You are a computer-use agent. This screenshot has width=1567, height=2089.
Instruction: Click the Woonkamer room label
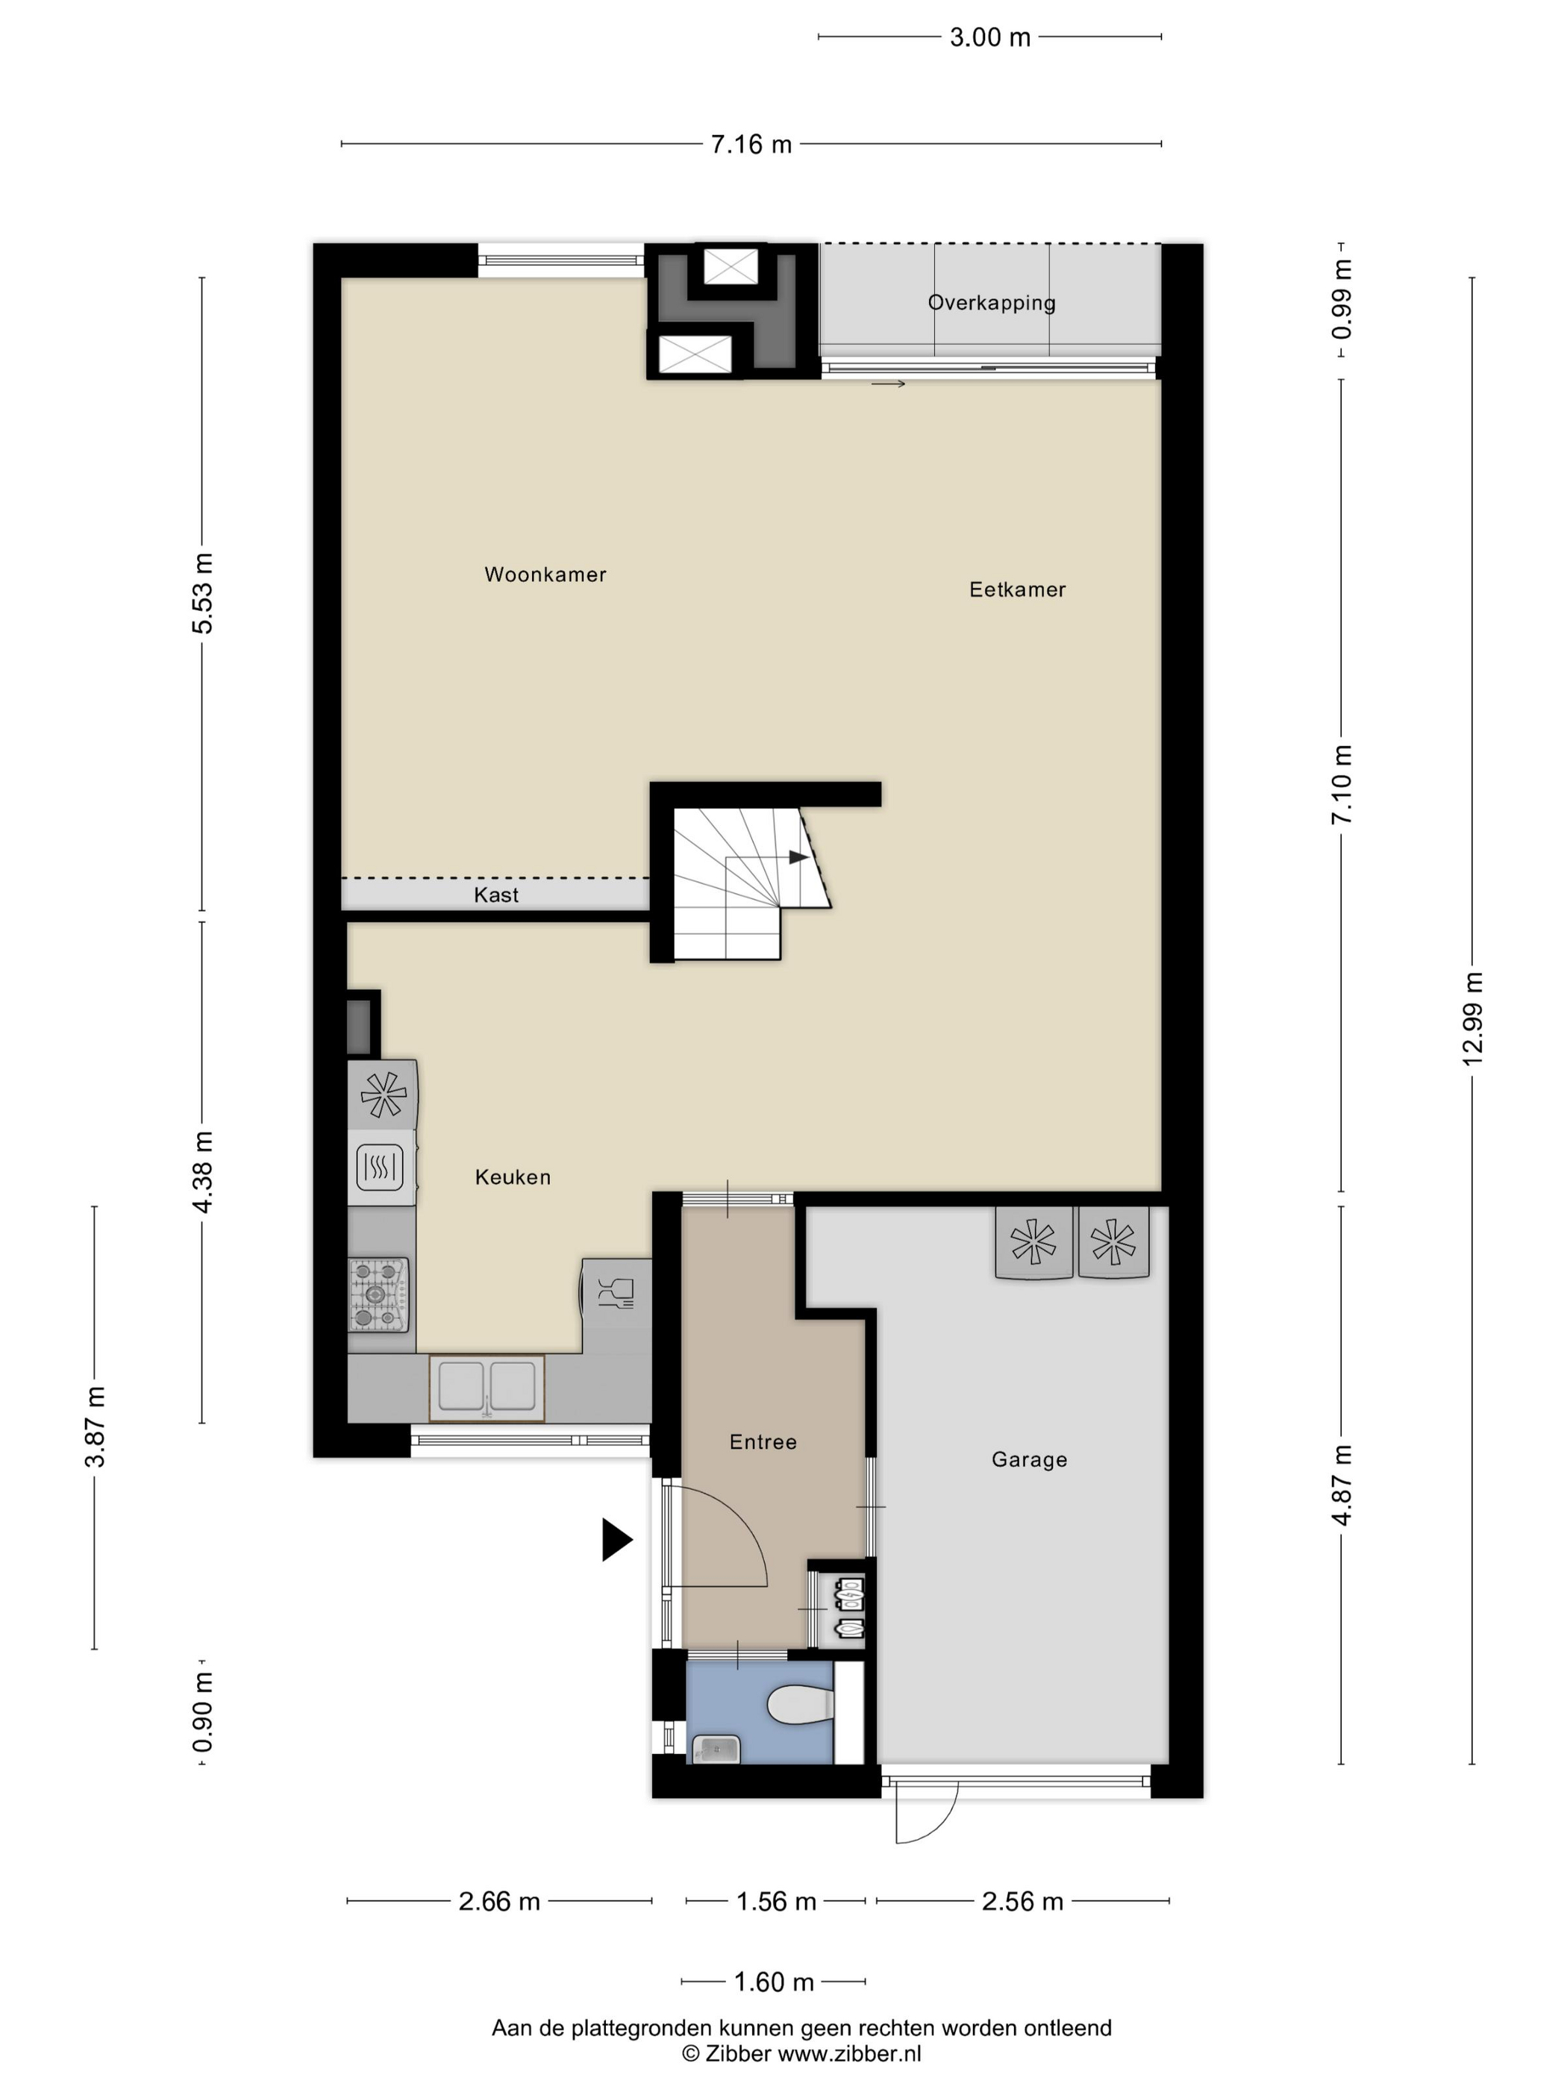[545, 574]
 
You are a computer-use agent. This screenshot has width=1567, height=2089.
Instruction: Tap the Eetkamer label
[1017, 589]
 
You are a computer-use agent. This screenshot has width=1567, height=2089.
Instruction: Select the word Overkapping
[992, 303]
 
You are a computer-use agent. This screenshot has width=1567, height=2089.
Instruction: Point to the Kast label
[496, 895]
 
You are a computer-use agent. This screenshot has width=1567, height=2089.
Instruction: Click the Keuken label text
[513, 1177]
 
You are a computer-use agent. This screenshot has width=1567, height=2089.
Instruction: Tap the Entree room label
[763, 1442]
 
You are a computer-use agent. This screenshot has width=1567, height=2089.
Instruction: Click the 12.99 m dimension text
[1472, 1018]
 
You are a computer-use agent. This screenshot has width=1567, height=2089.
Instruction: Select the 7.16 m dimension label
[751, 145]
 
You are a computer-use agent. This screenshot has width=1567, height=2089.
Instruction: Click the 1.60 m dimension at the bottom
[774, 1982]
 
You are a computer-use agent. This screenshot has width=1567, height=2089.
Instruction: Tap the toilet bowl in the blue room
[801, 1706]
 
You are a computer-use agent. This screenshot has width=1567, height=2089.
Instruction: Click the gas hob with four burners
[379, 1294]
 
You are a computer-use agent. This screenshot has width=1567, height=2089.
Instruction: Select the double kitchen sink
[487, 1388]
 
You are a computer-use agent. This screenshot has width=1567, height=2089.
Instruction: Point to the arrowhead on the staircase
[799, 856]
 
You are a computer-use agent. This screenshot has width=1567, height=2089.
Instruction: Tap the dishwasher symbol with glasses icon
[616, 1294]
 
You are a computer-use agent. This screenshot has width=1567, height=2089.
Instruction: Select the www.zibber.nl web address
[848, 2054]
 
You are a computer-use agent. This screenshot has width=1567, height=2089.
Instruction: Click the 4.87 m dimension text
[1342, 1485]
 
